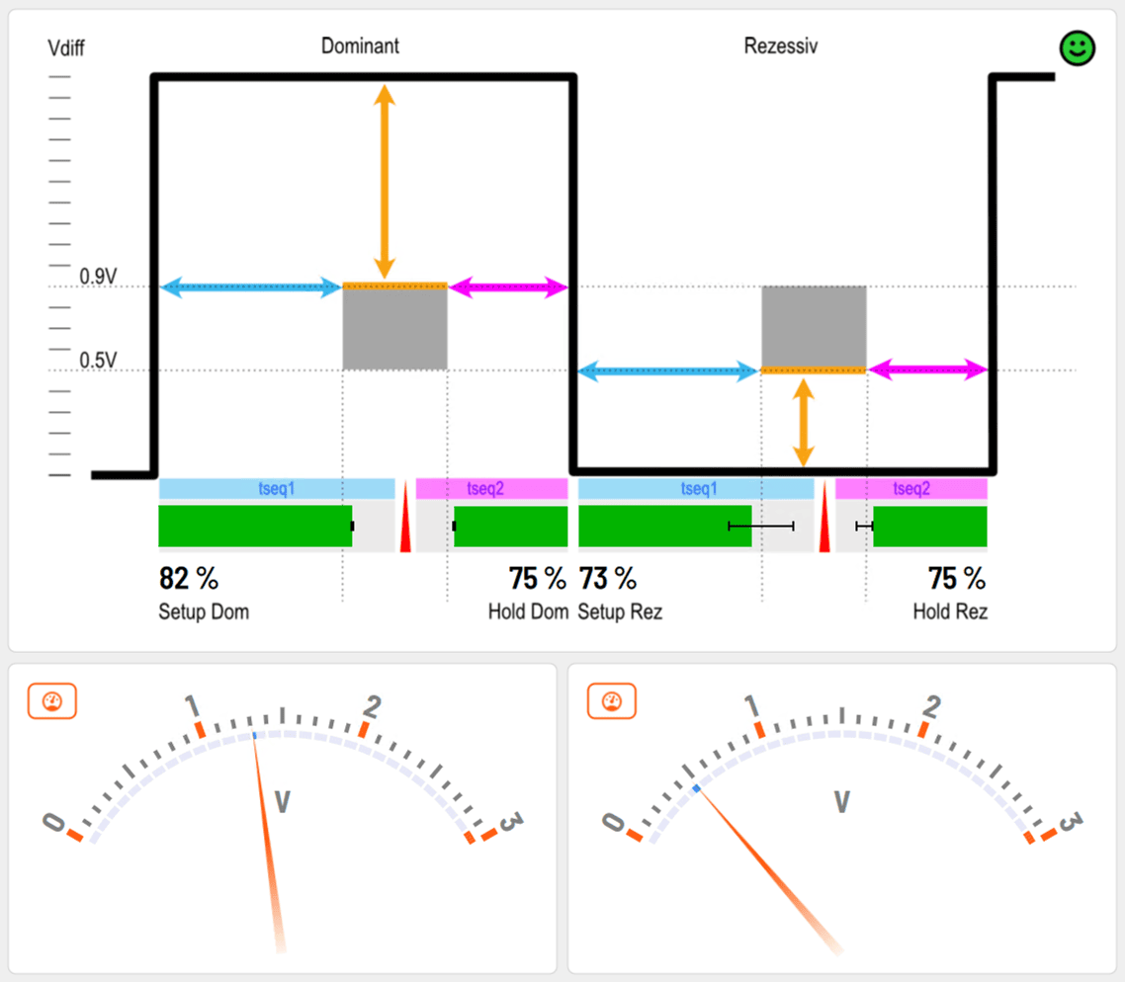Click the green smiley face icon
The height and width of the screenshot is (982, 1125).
1077,48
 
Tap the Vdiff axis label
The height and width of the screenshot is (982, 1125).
66,47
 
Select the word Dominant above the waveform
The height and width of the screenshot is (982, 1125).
360,46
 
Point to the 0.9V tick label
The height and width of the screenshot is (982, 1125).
99,277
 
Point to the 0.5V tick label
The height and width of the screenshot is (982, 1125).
99,360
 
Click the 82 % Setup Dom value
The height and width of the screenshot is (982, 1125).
189,579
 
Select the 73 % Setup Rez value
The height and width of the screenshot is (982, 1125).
607,579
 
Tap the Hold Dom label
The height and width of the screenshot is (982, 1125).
528,613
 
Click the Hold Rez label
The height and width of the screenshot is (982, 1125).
950,613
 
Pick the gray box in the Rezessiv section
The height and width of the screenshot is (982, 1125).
814,327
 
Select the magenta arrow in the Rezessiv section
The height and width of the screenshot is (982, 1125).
927,370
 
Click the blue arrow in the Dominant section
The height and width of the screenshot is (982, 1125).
250,288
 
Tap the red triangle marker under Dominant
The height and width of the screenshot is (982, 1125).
405,529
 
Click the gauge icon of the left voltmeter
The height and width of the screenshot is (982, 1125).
51,701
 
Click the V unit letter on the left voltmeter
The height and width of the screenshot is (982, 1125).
282,801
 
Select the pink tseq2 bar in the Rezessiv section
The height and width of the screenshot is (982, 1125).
910,489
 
